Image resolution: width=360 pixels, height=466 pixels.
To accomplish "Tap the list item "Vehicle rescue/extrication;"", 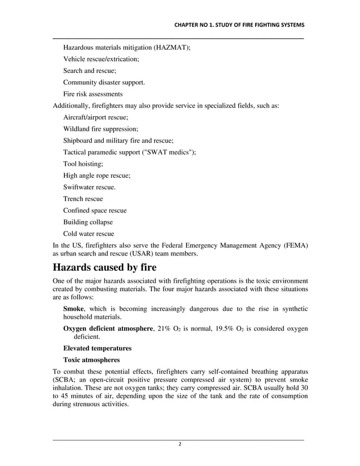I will [x=101, y=59].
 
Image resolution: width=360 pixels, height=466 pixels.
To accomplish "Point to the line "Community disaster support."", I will [x=104, y=82].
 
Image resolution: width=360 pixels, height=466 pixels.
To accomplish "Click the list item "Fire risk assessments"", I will [x=93, y=94].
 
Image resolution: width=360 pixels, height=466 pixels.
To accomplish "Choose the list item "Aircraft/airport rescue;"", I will [x=95, y=117].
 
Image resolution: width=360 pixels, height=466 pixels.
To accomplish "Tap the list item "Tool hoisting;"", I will [x=83, y=164].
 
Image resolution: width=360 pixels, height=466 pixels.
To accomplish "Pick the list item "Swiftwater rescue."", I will [x=90, y=187].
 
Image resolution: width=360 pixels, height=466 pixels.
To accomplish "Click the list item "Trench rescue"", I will [x=83, y=199].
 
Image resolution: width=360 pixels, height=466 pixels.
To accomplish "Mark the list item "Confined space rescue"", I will [x=95, y=210].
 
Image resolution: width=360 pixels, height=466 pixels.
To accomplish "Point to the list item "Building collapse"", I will [x=88, y=222].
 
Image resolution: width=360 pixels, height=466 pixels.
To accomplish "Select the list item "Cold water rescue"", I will [x=89, y=234].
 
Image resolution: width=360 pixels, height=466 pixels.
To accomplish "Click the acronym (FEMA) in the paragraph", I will [x=295, y=245].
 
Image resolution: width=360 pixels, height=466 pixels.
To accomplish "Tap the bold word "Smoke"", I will [x=73, y=309].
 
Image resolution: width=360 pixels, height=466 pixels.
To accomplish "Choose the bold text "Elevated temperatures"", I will [x=97, y=348].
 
